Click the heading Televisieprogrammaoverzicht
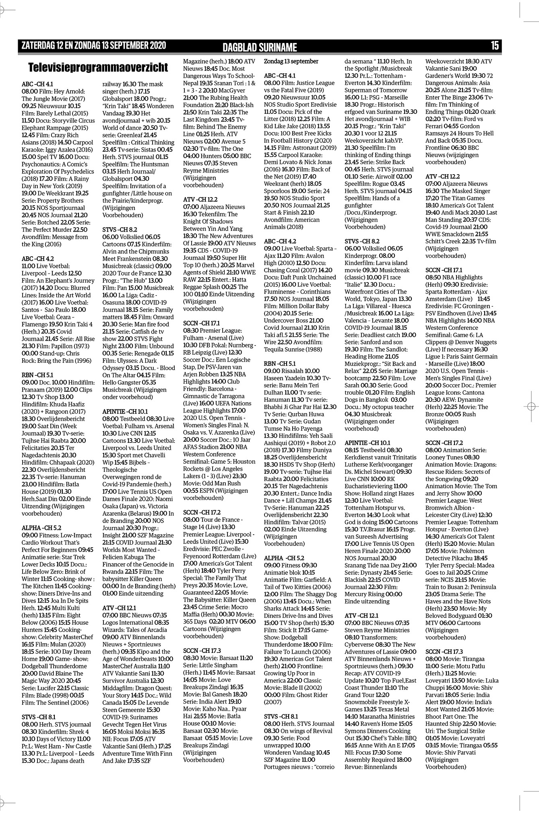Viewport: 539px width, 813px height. point(98,67)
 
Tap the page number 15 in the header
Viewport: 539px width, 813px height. point(494,46)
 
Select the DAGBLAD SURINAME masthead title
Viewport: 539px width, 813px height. point(260,47)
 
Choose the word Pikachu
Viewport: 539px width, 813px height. point(468,558)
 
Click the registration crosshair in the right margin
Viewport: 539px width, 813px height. point(530,406)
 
